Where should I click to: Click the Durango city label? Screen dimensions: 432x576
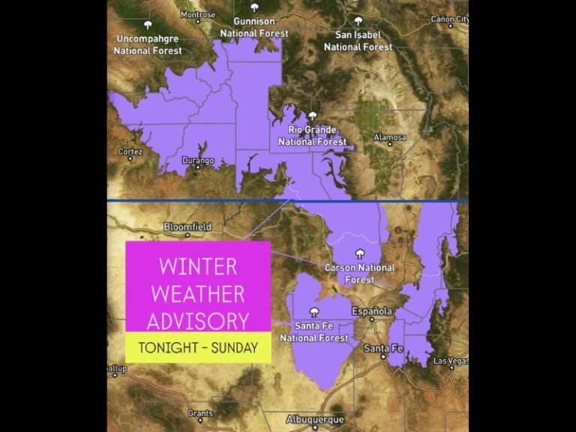[198, 160]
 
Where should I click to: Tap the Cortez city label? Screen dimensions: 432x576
[130, 151]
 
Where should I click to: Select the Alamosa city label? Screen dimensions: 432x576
[390, 138]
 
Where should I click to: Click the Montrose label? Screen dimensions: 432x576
[198, 15]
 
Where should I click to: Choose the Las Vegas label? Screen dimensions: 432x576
[450, 361]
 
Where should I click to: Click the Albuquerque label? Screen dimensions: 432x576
[315, 419]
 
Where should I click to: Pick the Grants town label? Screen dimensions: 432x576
[200, 413]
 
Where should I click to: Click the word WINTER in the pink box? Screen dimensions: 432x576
[198, 266]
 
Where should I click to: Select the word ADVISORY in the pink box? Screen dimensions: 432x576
[198, 321]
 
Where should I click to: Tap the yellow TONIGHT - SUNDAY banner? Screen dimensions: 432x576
[198, 348]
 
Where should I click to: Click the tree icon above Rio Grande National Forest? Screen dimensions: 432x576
[313, 116]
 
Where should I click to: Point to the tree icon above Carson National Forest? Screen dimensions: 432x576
[360, 253]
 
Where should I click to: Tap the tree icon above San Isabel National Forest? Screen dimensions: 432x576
[358, 21]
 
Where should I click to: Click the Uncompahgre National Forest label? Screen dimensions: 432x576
[148, 44]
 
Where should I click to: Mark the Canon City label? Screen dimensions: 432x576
[449, 19]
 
